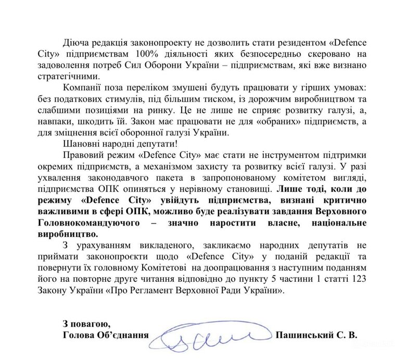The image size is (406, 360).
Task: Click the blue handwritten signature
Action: pos(213,338)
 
